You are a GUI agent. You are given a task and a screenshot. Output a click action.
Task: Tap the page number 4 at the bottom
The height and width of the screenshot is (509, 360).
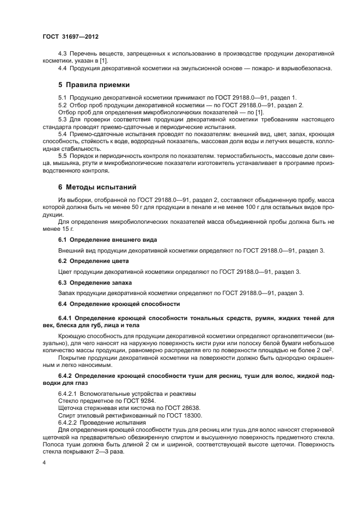[44, 463]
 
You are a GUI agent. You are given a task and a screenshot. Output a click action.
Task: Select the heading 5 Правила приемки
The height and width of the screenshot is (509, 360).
[90, 85]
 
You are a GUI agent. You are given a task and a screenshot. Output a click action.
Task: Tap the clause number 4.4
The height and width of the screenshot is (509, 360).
[63, 68]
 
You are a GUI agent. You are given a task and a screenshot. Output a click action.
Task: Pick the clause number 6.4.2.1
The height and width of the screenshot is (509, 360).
[68, 393]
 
